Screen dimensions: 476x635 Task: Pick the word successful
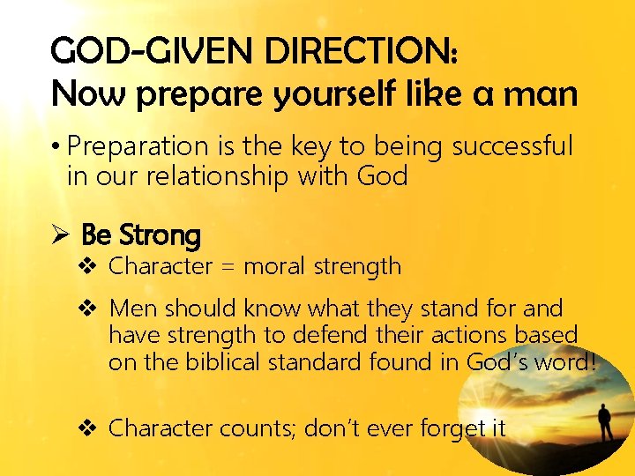click(x=512, y=145)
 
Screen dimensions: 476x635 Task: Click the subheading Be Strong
click(x=141, y=235)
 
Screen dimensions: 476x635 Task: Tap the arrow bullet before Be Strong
click(x=59, y=235)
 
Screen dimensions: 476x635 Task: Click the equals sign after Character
click(x=228, y=266)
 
